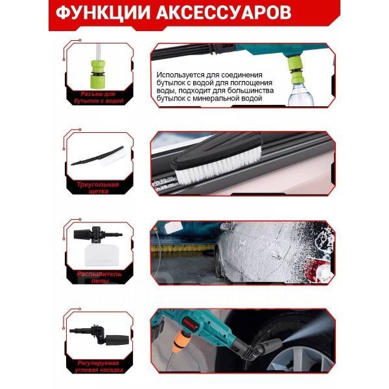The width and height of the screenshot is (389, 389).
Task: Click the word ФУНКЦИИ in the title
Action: coord(103,12)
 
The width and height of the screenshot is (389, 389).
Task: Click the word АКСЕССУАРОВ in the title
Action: coord(224,12)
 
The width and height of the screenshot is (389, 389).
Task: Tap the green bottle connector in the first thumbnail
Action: coord(98,74)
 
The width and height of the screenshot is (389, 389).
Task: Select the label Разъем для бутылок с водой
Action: coord(99,97)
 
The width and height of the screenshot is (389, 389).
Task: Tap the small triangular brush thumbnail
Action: coord(99,156)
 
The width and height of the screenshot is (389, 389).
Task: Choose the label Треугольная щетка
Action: coord(98,188)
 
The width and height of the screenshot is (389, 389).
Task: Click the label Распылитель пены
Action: coord(99,277)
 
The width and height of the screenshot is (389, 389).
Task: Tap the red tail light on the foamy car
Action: coord(323,271)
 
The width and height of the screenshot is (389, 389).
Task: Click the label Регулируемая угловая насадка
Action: coord(99,366)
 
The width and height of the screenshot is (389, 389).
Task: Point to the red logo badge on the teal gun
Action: coord(191,322)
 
